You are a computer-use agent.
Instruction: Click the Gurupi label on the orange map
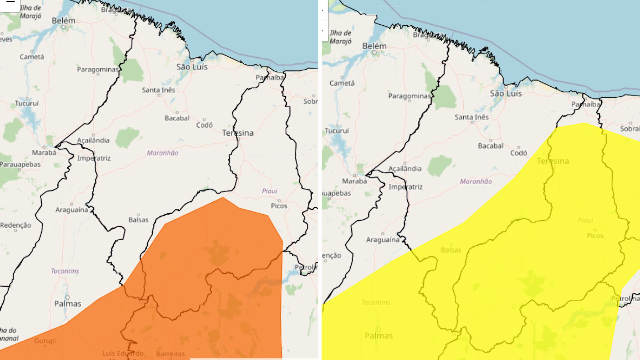point(45,341)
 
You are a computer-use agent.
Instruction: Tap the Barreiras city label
point(170,354)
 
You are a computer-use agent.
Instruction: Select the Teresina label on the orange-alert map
point(238,133)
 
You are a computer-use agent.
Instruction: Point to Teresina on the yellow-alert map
point(553,161)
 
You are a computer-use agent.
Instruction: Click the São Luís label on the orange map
point(192,67)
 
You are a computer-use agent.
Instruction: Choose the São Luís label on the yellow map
point(506,94)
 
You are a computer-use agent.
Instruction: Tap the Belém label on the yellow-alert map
point(374,46)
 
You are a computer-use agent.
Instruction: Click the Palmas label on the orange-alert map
point(68,304)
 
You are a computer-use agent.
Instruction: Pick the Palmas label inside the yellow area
point(379,336)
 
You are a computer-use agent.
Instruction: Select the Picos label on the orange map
point(279,206)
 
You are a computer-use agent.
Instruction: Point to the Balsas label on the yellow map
point(451,250)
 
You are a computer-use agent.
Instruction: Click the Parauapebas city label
point(20,164)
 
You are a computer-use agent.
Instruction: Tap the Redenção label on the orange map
point(16,225)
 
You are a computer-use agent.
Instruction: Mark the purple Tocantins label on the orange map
point(65,271)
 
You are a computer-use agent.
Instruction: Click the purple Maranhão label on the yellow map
point(476,182)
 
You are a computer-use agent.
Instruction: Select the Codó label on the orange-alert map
point(204,125)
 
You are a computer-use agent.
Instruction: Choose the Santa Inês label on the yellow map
point(472,117)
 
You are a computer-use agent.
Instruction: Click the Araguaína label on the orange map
point(72,210)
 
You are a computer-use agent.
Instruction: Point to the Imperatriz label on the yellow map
point(405,187)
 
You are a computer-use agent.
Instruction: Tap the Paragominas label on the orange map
point(98,69)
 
